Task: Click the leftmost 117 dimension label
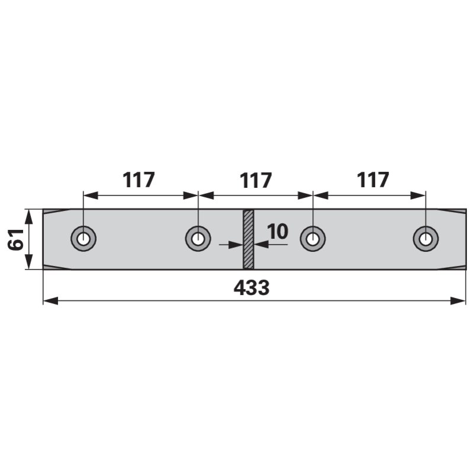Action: coord(139,180)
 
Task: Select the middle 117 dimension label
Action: coord(256,180)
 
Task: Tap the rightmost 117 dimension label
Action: coord(373,180)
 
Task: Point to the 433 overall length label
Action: coord(251,287)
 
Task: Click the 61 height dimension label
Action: coord(16,239)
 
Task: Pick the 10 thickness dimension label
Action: coord(277,232)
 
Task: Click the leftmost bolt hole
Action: coord(84,239)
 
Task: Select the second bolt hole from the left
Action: coord(198,239)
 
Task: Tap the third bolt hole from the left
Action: coord(313,239)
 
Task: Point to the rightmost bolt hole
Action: coord(425,239)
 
